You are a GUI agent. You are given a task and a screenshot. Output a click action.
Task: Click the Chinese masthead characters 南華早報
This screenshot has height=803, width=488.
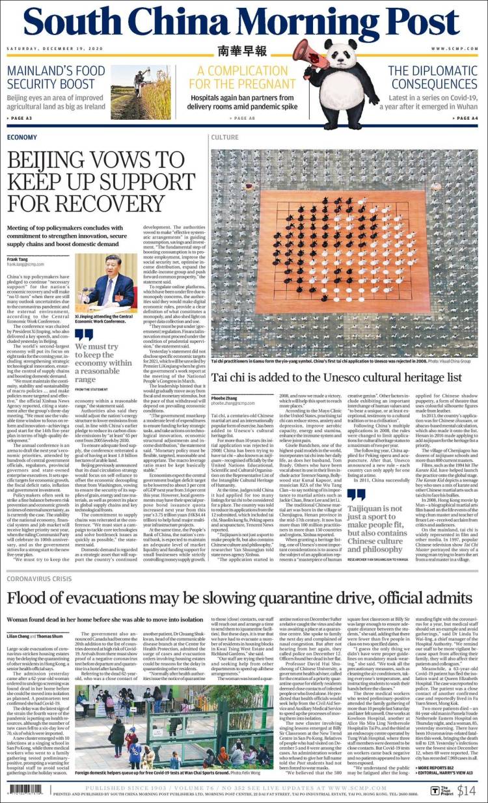click(x=242, y=50)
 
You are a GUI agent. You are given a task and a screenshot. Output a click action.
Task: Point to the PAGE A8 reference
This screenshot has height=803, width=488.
click(x=244, y=118)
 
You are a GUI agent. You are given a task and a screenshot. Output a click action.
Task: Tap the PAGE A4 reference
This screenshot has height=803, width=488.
click(x=467, y=118)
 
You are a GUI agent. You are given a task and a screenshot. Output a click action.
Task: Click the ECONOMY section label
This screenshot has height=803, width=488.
click(x=22, y=138)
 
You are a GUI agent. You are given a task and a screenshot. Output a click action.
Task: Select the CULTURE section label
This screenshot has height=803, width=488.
click(x=224, y=138)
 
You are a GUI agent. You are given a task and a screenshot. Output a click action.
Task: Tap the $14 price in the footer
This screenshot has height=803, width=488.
click(x=467, y=791)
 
